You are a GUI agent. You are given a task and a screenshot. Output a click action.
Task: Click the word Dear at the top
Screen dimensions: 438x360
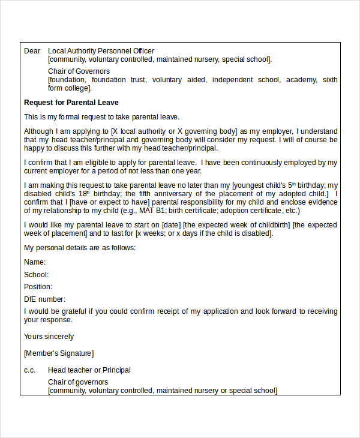click(x=32, y=51)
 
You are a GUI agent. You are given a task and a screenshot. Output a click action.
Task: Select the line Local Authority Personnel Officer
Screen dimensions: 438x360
click(x=101, y=51)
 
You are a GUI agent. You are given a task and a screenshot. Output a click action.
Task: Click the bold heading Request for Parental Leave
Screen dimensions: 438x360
click(x=71, y=103)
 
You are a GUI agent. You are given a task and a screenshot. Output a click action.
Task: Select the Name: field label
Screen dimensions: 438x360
click(x=35, y=262)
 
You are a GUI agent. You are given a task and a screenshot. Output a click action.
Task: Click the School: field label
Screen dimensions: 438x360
click(x=36, y=275)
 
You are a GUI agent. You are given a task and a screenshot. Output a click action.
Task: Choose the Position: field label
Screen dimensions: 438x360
click(x=38, y=287)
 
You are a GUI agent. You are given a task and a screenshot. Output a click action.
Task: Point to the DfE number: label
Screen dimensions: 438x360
click(x=44, y=299)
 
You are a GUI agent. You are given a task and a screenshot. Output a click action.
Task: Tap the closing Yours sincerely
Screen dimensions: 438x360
click(x=49, y=337)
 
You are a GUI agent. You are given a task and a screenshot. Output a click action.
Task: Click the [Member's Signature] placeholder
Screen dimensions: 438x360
click(x=58, y=353)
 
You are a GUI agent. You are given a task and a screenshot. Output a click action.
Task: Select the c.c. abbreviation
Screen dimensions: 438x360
click(x=30, y=370)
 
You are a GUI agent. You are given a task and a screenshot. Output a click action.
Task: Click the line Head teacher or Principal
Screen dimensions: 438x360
click(x=89, y=370)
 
